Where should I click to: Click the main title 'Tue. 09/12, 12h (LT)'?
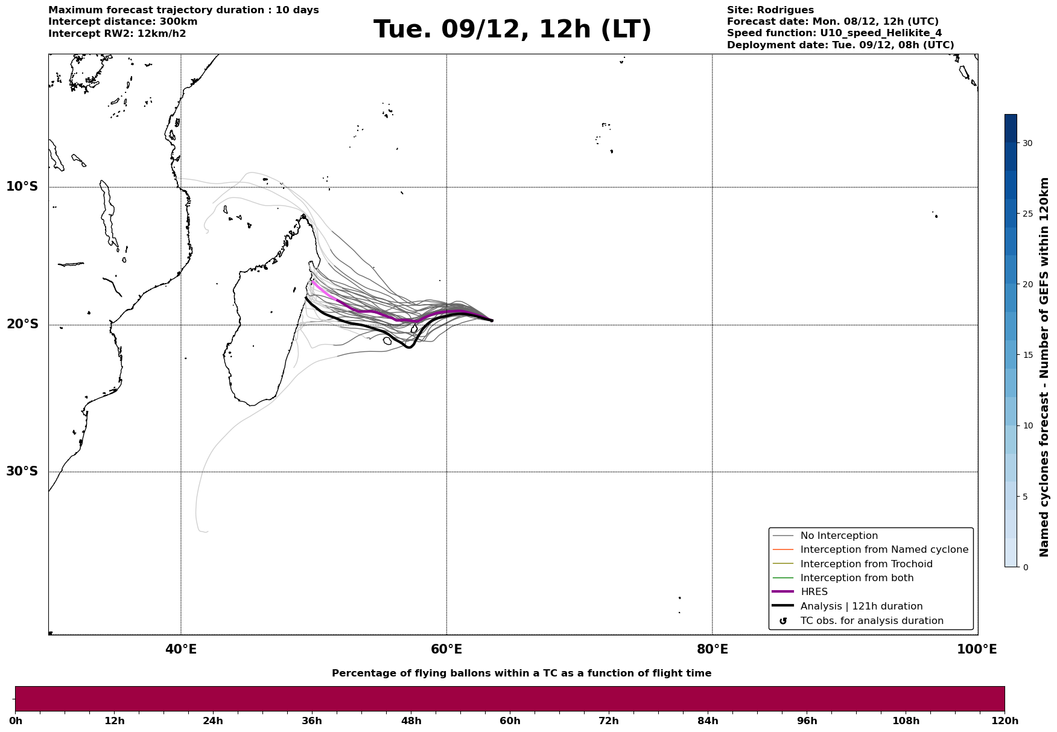[512, 30]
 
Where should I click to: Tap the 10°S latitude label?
[22, 186]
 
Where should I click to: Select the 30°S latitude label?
[22, 471]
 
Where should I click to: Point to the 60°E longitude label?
[446, 649]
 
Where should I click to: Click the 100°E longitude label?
[977, 649]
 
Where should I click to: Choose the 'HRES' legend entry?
[814, 592]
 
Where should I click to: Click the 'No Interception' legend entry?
[839, 536]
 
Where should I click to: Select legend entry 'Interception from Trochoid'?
[866, 564]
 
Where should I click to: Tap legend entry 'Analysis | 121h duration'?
[861, 606]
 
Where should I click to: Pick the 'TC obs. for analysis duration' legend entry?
[871, 621]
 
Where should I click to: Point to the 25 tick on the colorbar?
[1027, 214]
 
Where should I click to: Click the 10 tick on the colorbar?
[1027, 426]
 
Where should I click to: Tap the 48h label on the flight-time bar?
[411, 721]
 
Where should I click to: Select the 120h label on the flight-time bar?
[1005, 721]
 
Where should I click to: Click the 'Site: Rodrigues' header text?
[770, 10]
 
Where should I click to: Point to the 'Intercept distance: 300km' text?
[122, 22]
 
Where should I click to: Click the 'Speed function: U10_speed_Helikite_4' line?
[834, 33]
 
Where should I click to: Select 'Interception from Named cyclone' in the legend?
[884, 550]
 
